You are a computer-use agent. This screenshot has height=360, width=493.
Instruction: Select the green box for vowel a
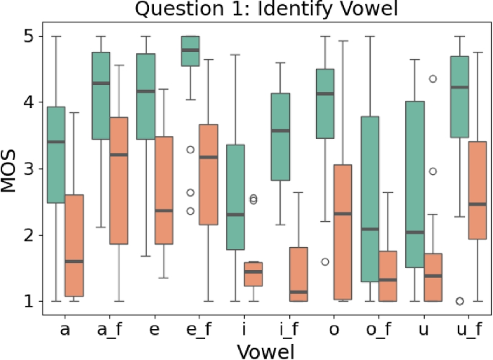(56, 155)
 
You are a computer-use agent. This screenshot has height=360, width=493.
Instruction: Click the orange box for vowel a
(74, 245)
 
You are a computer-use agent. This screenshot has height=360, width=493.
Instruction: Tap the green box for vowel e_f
(190, 51)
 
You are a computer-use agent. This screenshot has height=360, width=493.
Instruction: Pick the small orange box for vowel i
(253, 274)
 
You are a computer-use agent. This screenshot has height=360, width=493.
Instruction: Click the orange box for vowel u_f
(476, 190)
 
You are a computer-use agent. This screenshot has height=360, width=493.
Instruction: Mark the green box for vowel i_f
(279, 137)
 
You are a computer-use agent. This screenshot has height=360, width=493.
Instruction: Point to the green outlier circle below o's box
(325, 261)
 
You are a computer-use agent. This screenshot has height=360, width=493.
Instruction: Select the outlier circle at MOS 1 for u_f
(458, 301)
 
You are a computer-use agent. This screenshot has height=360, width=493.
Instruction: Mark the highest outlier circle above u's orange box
(432, 78)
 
